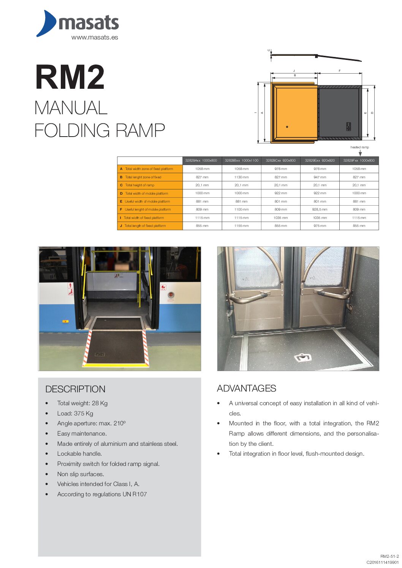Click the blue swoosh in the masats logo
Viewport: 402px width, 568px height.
(46, 24)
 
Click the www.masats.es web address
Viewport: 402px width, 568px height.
(95, 37)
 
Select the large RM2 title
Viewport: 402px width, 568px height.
(70, 77)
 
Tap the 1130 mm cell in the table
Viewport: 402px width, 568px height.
(241, 177)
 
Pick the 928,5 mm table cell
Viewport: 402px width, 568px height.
(320, 209)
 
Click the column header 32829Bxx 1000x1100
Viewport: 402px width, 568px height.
(241, 160)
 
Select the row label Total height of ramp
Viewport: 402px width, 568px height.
(140, 185)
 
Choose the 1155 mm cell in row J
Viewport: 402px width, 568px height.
(241, 226)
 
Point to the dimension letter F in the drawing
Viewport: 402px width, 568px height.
(339, 71)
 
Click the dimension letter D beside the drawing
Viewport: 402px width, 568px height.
(372, 113)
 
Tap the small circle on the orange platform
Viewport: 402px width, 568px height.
(287, 127)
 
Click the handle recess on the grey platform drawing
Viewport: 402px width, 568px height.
(348, 126)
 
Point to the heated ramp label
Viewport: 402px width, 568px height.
(359, 147)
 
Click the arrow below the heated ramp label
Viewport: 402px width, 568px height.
(360, 153)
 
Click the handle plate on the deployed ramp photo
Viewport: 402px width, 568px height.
(100, 355)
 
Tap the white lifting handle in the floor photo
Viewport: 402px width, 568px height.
(303, 357)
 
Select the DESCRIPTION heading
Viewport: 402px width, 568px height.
(75, 389)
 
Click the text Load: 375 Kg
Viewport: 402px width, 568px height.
(75, 413)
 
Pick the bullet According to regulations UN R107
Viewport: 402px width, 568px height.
(102, 494)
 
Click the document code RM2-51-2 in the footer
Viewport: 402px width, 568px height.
(389, 557)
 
